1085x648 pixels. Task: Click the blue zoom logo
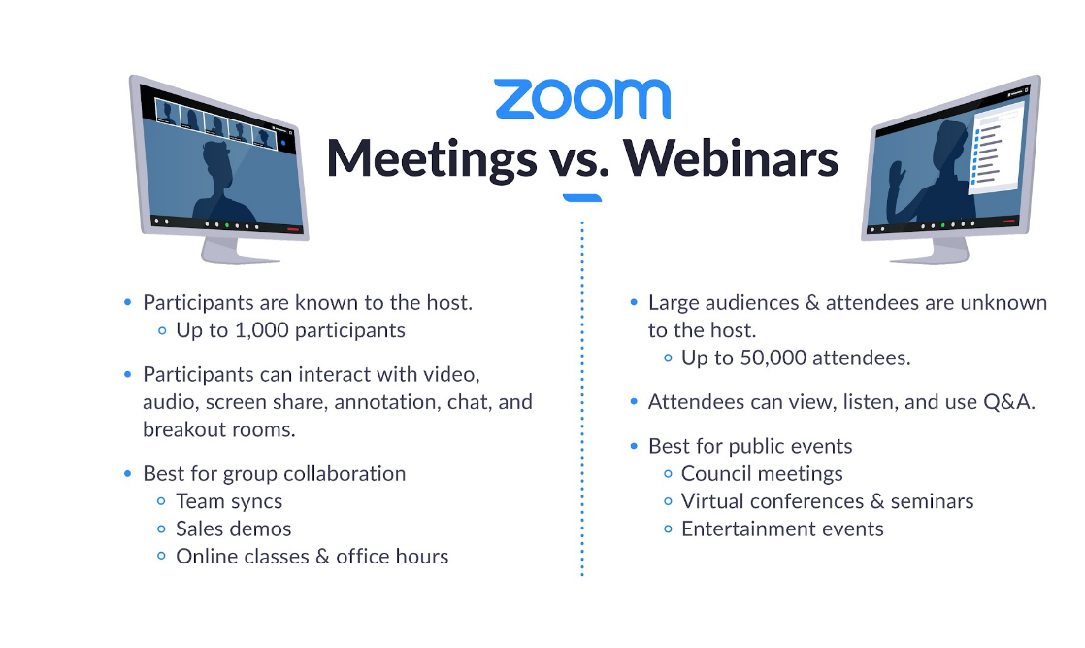[x=582, y=98]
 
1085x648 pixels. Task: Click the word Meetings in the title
[x=432, y=159]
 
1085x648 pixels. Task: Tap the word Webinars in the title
[x=731, y=157]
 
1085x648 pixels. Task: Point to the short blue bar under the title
[x=582, y=198]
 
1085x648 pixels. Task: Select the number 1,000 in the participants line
[x=262, y=330]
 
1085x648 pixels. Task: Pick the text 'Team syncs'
[x=229, y=501]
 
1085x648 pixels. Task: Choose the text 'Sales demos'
[x=233, y=529]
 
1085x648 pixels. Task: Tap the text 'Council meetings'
[x=762, y=473]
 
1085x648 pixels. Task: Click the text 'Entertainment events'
[x=782, y=529]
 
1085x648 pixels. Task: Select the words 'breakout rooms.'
[x=218, y=429]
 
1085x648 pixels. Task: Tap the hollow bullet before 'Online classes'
[x=161, y=557]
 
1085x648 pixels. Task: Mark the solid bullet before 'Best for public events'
[x=634, y=446]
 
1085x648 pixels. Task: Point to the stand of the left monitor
[x=237, y=251]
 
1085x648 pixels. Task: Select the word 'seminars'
[x=932, y=501]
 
